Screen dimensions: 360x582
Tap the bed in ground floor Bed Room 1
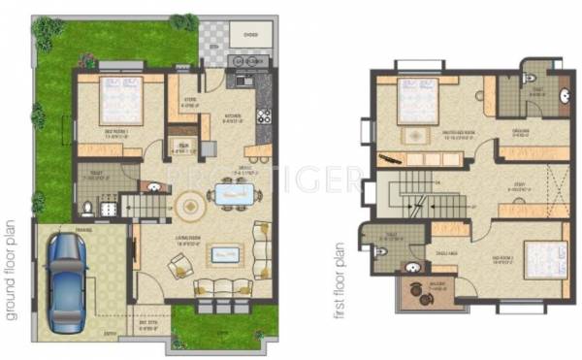[x=118, y=99]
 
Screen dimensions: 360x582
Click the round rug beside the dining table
[x=191, y=205]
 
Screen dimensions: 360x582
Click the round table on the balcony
[x=422, y=297]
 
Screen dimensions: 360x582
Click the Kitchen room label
[x=232, y=116]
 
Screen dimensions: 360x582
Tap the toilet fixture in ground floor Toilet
[x=88, y=206]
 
